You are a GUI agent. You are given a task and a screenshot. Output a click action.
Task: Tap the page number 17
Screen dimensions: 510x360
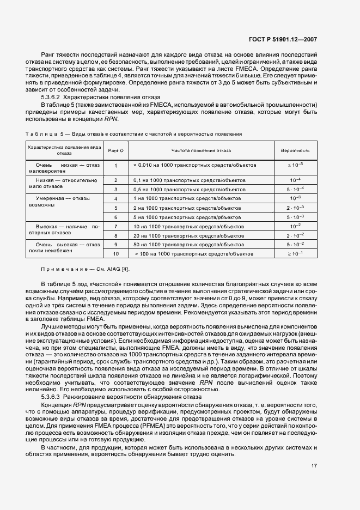(x=314, y=465)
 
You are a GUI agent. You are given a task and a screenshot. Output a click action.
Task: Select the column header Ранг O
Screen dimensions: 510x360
(x=115, y=150)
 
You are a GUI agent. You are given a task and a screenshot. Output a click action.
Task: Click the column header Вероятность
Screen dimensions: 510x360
(x=295, y=150)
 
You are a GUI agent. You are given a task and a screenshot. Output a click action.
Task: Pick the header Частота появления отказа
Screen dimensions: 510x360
(x=201, y=150)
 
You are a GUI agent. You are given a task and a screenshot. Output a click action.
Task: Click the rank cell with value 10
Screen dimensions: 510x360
(x=115, y=254)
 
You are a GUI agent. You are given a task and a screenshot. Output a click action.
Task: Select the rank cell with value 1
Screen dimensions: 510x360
(x=115, y=165)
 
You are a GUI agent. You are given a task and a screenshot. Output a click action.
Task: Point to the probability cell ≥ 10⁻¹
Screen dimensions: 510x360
(x=295, y=254)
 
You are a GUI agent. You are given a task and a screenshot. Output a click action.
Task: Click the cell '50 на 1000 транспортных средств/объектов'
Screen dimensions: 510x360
(x=188, y=245)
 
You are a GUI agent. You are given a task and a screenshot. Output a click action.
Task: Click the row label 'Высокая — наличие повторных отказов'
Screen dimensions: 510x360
(x=65, y=230)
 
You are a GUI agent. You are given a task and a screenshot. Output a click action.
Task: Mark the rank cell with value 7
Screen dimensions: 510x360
(x=115, y=226)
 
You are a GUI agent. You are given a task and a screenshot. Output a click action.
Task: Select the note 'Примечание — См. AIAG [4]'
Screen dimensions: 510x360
(x=86, y=269)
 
